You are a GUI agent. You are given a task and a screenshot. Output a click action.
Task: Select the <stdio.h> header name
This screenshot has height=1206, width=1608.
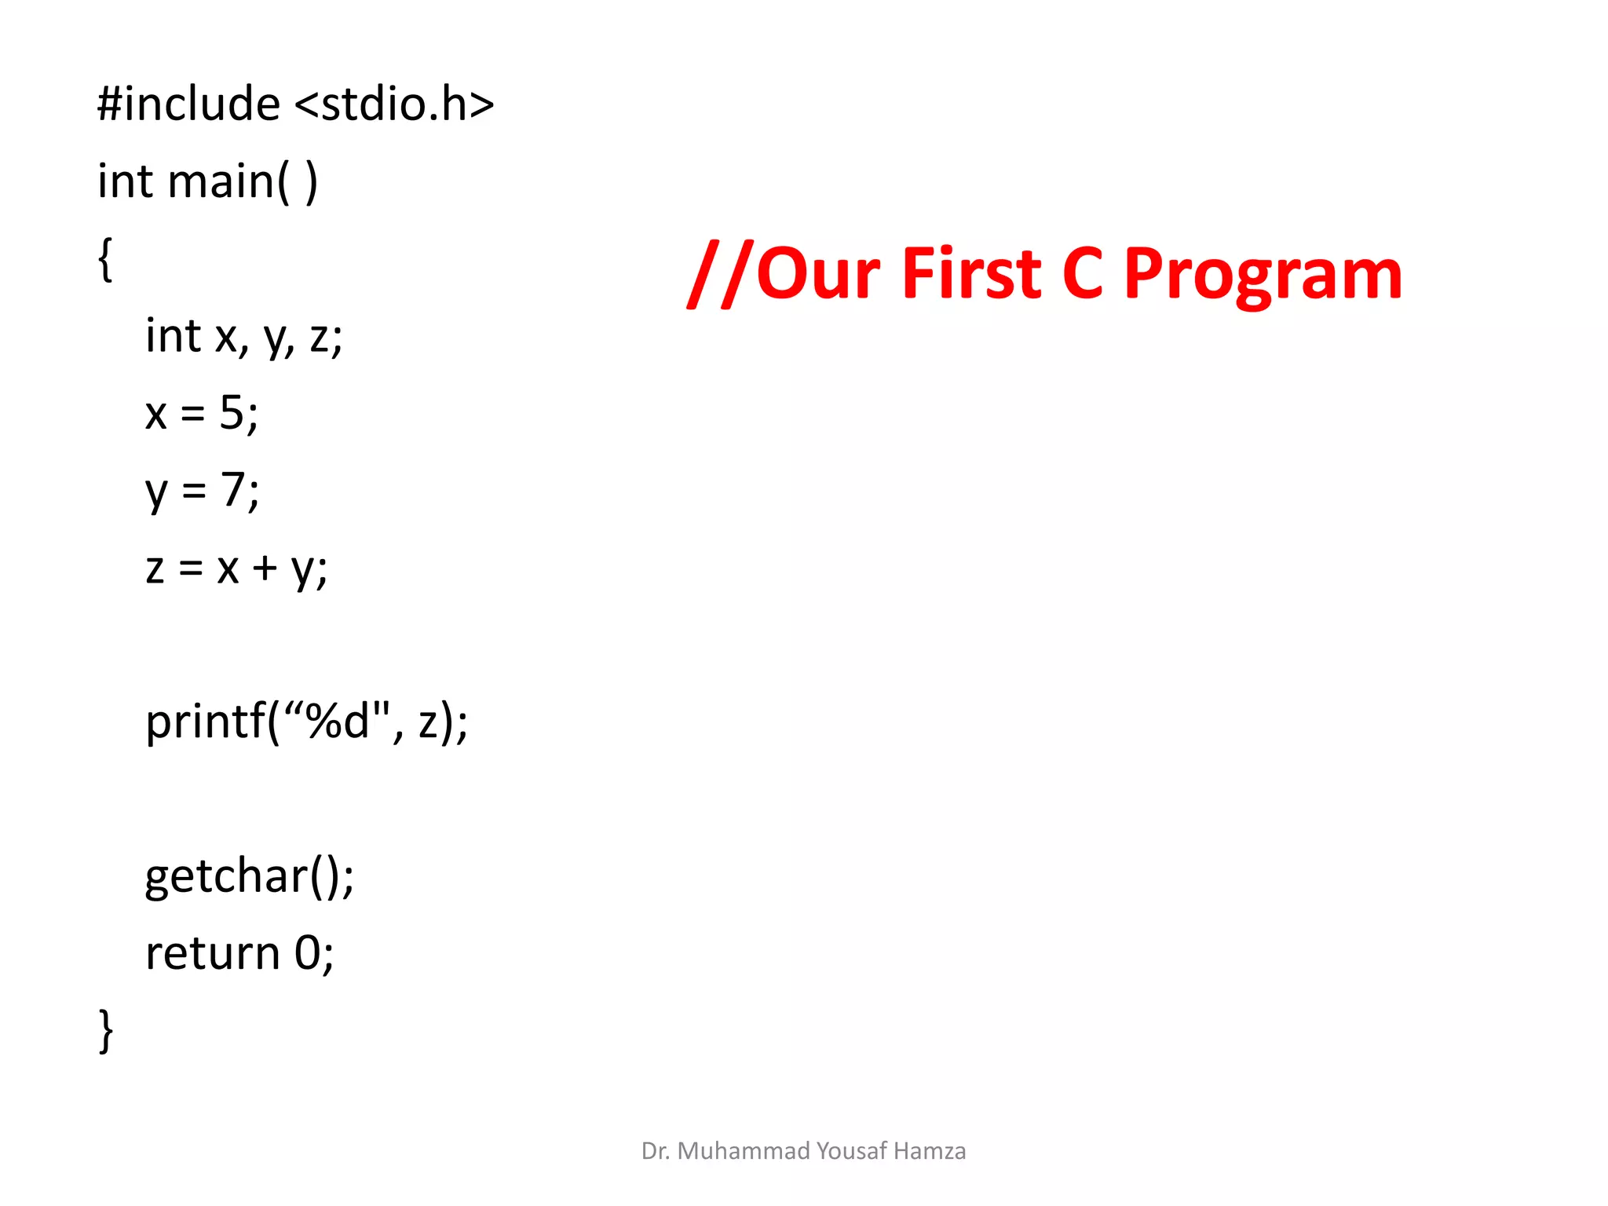point(395,104)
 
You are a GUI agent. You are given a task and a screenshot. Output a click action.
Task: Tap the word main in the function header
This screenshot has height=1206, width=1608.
point(221,181)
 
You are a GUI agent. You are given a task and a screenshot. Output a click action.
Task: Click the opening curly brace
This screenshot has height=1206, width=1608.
point(105,258)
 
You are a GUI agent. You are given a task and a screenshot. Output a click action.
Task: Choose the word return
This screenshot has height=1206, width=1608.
point(213,953)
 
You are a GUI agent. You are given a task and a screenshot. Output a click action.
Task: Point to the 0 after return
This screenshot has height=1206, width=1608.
point(308,953)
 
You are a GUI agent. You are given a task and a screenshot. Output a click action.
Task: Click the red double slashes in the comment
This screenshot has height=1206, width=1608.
point(721,274)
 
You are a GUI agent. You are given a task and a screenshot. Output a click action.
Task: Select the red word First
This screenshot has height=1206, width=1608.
point(971,274)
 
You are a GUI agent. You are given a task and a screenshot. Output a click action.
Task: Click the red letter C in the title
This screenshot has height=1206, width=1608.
point(1083,274)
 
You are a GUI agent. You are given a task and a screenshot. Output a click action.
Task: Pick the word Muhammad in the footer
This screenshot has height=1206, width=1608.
point(743,1151)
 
